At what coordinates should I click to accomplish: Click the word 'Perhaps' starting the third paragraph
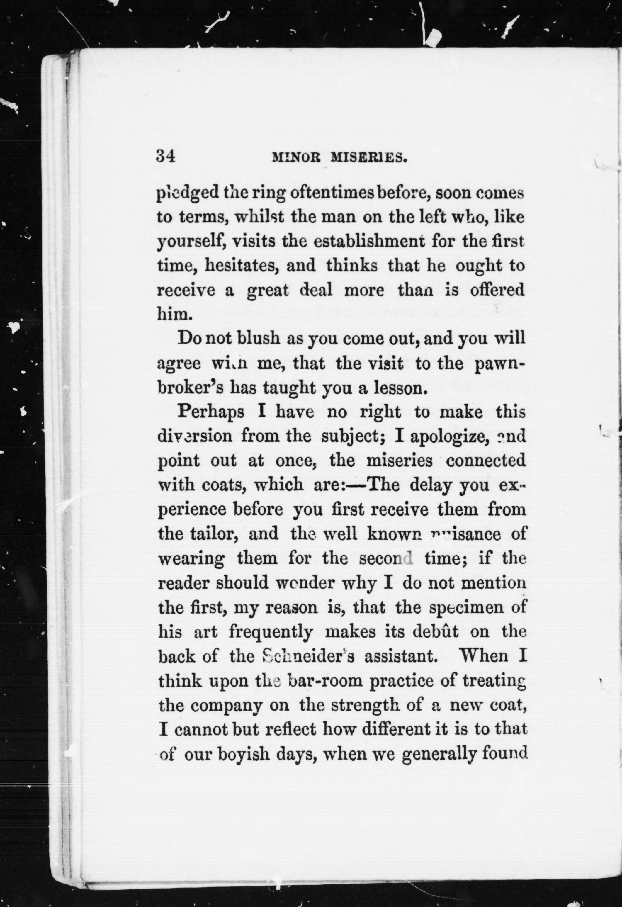pyautogui.click(x=211, y=412)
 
